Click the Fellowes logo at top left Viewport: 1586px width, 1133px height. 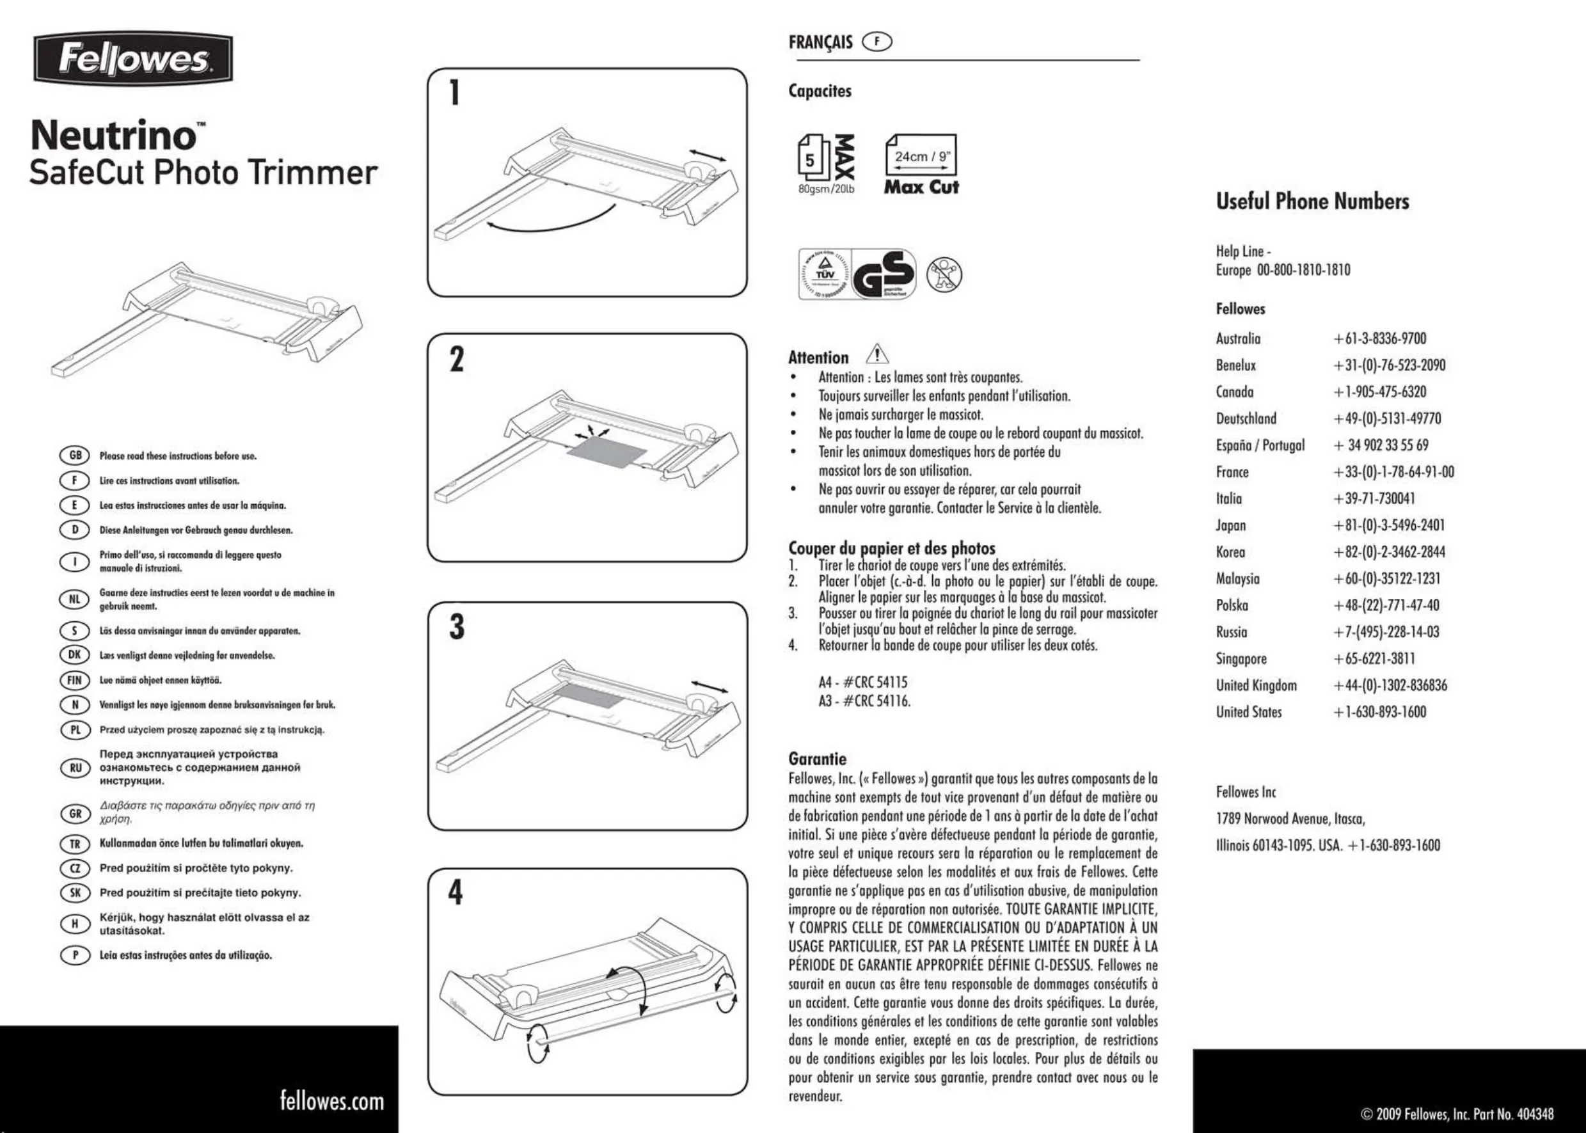tap(132, 59)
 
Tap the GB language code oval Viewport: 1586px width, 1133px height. tap(75, 456)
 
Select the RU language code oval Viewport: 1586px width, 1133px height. tap(75, 768)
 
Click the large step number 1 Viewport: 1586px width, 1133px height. tap(454, 93)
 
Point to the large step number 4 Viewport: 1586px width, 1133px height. tap(455, 892)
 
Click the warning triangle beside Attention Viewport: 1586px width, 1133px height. tap(876, 354)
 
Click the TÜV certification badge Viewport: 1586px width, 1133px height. tap(824, 274)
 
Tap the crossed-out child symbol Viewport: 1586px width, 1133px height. tap(944, 274)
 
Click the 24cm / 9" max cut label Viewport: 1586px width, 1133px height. tap(922, 156)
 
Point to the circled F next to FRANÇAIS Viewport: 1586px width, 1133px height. tap(877, 42)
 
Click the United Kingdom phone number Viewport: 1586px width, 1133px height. tap(1390, 685)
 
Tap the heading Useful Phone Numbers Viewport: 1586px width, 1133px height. tap(1312, 202)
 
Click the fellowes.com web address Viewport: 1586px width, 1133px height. tap(332, 1100)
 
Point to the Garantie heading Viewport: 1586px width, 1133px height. tap(817, 759)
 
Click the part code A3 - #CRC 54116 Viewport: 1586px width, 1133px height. tap(864, 701)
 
